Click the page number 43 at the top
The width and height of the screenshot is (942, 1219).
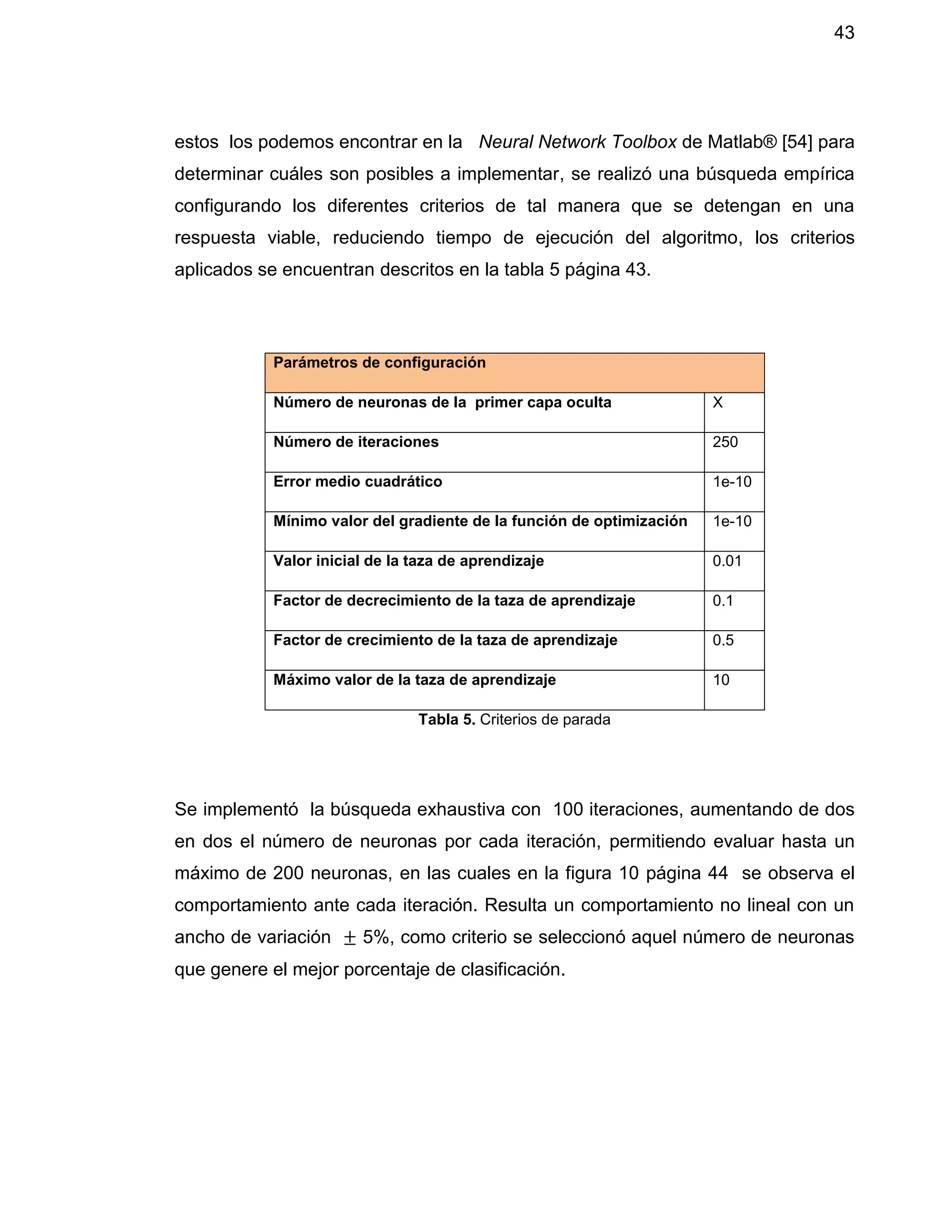tap(844, 33)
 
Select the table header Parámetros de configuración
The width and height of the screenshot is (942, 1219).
tap(379, 363)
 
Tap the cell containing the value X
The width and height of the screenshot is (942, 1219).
tap(718, 402)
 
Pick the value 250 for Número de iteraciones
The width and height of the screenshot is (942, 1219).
tap(725, 442)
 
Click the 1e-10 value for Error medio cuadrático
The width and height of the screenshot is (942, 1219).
tap(732, 482)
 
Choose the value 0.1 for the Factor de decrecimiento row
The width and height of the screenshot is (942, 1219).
tap(722, 601)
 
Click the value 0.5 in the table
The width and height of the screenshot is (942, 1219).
tap(723, 640)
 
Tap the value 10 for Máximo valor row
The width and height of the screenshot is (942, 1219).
tap(721, 680)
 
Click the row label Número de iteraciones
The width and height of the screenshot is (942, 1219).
tap(356, 442)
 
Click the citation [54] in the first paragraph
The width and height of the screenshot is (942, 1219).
tap(797, 142)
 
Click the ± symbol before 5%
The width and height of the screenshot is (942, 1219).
tap(350, 937)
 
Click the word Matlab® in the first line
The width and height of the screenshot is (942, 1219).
tap(741, 142)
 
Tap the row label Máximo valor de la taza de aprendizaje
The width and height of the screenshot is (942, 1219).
tap(414, 680)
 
